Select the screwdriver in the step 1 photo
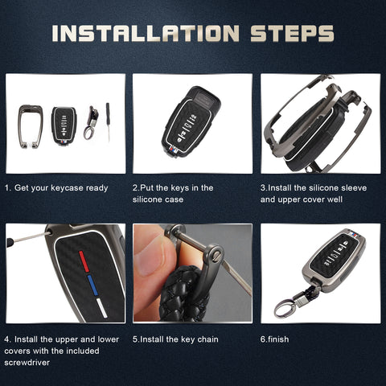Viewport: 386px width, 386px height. pyautogui.click(x=108, y=122)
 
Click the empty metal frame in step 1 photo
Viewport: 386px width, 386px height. pyautogui.click(x=31, y=127)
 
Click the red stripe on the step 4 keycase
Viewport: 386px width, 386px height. pyautogui.click(x=84, y=261)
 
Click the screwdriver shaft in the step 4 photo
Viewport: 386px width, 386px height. pyautogui.click(x=24, y=237)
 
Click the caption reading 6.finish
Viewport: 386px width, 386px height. pyautogui.click(x=274, y=339)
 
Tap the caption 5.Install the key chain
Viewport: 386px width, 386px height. pyautogui.click(x=170, y=339)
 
